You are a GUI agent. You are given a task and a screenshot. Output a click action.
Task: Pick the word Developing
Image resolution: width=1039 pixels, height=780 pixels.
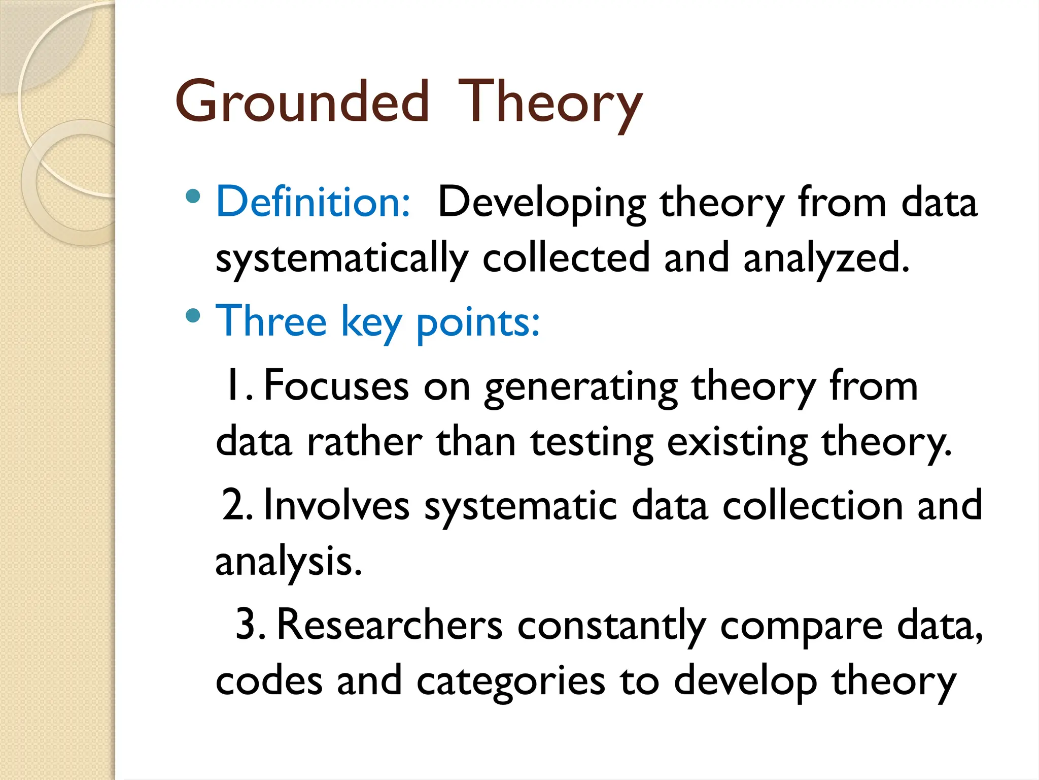542,203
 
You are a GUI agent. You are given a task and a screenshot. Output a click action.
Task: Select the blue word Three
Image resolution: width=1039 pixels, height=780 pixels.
271,321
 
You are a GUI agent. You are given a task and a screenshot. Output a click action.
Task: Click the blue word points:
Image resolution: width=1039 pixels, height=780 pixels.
478,322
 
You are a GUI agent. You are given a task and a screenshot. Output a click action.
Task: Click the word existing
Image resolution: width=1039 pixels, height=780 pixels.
737,443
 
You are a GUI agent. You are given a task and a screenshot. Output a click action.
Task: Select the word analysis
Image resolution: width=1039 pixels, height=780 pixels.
288,562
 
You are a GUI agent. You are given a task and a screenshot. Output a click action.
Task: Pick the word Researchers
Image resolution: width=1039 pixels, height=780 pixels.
390,625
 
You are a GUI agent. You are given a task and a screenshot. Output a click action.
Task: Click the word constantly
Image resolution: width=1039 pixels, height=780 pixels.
611,626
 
